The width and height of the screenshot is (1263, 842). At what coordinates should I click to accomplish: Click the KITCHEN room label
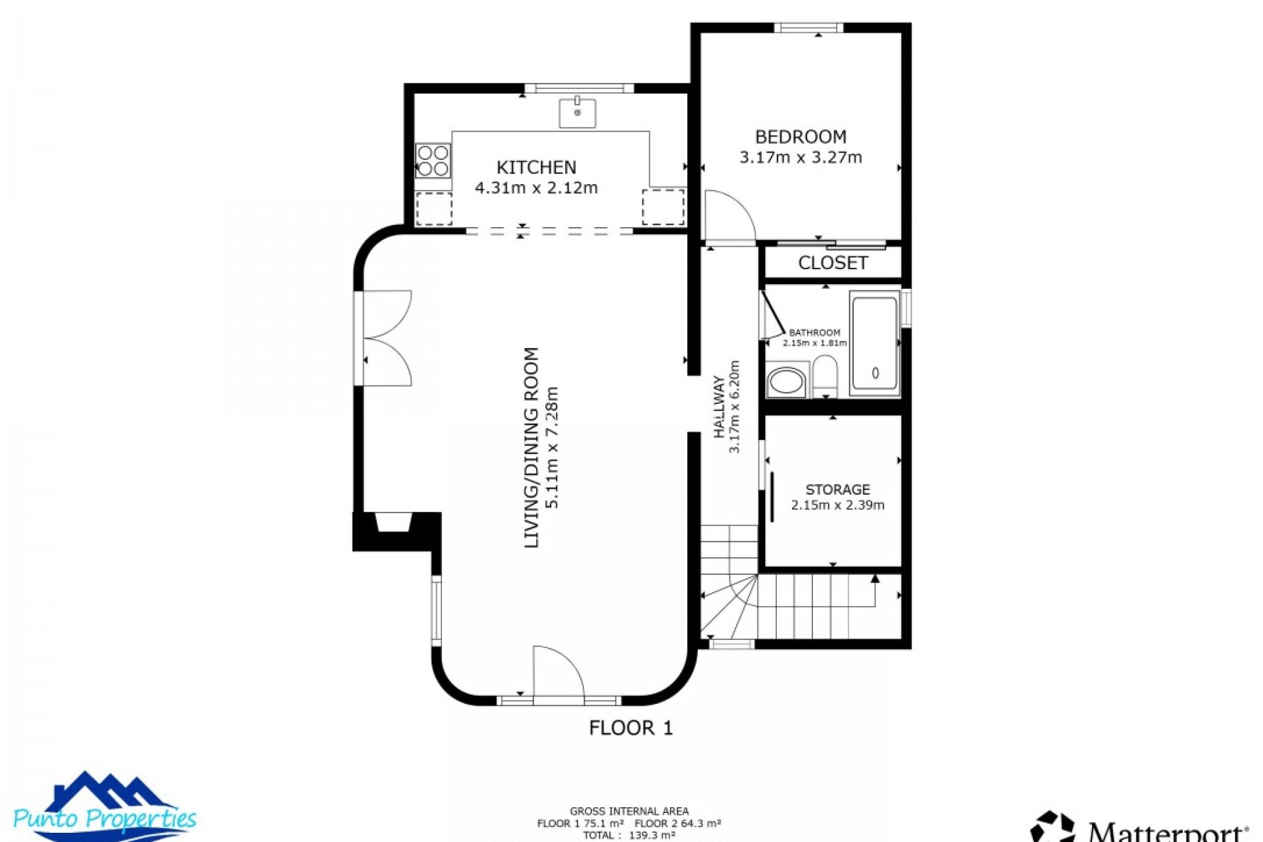click(x=536, y=167)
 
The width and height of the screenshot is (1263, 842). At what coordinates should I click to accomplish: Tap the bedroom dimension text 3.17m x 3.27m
click(x=801, y=157)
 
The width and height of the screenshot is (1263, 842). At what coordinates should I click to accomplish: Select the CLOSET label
click(x=832, y=262)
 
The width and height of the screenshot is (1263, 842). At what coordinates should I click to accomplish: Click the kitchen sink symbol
click(x=578, y=113)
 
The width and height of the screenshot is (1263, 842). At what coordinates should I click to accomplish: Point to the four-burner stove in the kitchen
click(x=433, y=161)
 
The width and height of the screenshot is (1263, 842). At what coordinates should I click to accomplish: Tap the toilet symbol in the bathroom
click(x=825, y=376)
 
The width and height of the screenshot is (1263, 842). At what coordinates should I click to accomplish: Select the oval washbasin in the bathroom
click(x=786, y=381)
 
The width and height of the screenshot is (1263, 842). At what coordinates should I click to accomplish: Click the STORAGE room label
click(x=837, y=489)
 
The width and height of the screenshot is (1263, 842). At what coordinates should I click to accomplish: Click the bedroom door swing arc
click(x=731, y=214)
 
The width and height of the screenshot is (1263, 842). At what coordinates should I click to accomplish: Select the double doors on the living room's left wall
click(x=387, y=338)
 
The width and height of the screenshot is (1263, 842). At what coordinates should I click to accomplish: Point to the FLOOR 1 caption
click(x=630, y=728)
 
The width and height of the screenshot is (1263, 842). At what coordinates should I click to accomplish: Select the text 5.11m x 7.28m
click(x=552, y=447)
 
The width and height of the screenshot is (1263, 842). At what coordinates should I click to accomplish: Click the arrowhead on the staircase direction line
click(x=875, y=579)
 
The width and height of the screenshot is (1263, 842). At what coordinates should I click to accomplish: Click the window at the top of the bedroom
click(x=808, y=28)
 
